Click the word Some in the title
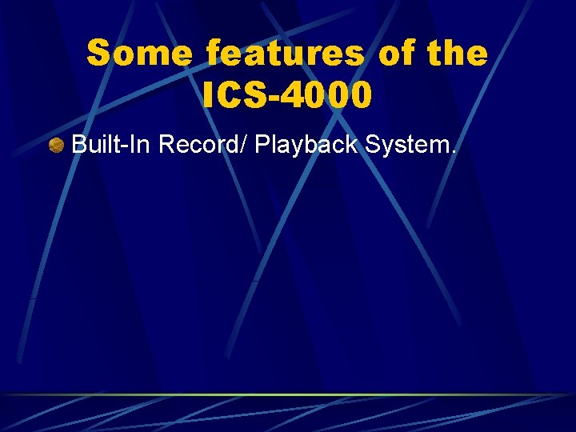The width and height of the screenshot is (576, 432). coord(139,54)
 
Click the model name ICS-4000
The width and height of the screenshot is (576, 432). coord(287,95)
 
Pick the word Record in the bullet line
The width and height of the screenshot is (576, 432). coord(200,145)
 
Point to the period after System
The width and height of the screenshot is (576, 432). coord(454,152)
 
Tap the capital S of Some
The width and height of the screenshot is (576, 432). coord(98,54)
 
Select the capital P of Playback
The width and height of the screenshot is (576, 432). coord(262,145)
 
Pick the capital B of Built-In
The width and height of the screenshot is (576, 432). coord(78,145)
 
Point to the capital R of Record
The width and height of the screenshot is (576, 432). coord(166,145)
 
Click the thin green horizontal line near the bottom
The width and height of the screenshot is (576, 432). coord(288,394)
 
